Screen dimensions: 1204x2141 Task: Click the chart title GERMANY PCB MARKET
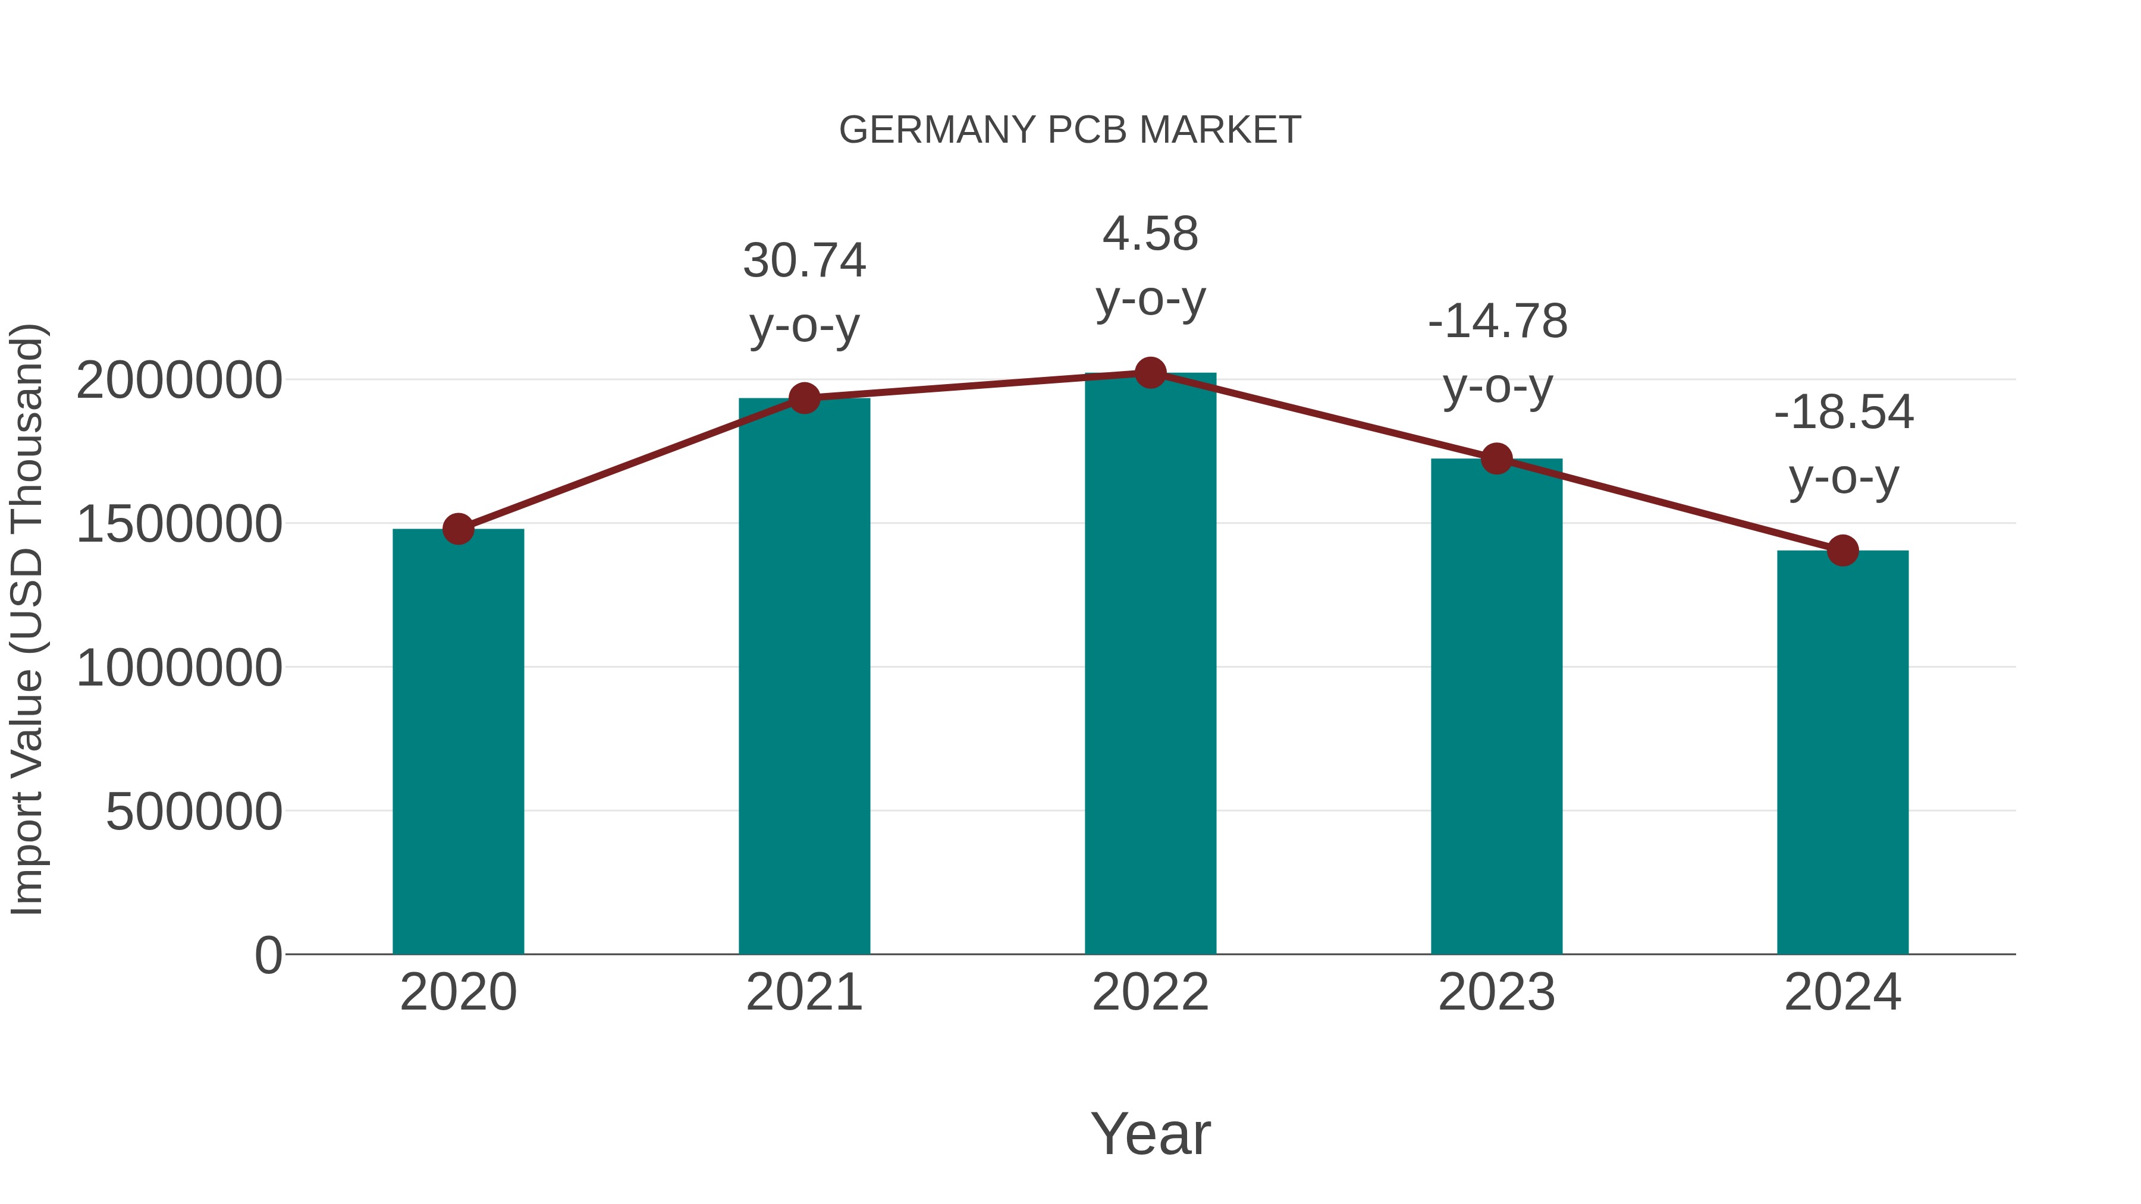coord(1070,130)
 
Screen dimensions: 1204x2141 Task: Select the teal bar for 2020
coord(458,741)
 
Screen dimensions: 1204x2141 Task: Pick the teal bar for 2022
coord(1150,663)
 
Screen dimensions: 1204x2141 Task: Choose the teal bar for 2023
coord(1496,706)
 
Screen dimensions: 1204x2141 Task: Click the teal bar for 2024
coord(1842,752)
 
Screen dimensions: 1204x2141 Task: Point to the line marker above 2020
coord(458,529)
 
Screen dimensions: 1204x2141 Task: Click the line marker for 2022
coord(1150,373)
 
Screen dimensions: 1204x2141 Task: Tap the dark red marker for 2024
coord(1842,550)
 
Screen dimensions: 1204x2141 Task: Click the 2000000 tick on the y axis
coord(178,381)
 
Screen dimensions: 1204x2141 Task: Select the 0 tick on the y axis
coord(268,955)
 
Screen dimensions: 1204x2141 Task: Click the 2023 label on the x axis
coord(1496,992)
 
